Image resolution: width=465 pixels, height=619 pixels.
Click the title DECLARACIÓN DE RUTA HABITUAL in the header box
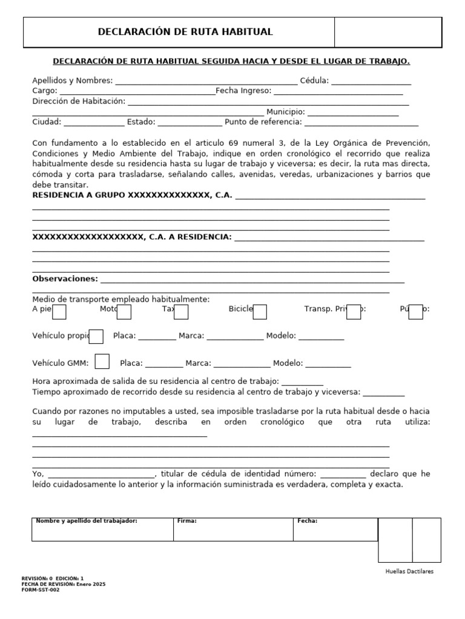tap(185, 32)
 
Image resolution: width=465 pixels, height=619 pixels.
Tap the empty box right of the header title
tap(387, 32)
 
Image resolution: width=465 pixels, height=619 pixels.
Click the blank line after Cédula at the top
tap(371, 81)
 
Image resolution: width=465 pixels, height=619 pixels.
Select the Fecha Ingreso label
tap(243, 91)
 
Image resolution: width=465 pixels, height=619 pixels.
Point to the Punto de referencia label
tap(263, 122)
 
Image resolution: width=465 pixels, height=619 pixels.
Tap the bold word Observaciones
tap(65, 279)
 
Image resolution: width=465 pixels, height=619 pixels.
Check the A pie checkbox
tap(60, 312)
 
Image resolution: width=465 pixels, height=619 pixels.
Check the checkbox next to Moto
tap(124, 312)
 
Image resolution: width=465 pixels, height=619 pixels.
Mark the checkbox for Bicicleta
tap(260, 312)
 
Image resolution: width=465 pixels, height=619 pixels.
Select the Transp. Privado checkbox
tap(354, 312)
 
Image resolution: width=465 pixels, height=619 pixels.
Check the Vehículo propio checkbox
tap(96, 336)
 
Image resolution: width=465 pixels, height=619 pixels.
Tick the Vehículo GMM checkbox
tap(102, 361)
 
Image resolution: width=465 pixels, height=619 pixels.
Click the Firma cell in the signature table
tap(234, 530)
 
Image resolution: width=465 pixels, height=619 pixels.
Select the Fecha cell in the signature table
tap(336, 530)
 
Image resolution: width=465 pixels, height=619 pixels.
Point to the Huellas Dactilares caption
tap(409, 571)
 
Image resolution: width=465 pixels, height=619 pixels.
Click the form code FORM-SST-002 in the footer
tap(41, 590)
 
